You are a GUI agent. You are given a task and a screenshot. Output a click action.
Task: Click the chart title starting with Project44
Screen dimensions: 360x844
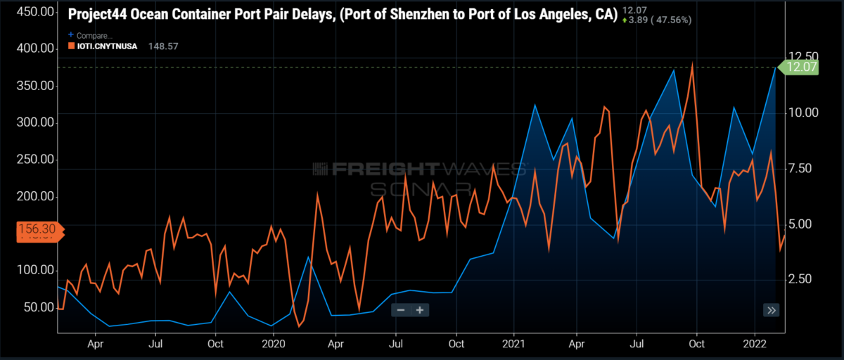[x=343, y=13]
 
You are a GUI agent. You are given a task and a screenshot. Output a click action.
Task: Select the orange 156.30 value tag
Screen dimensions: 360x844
[x=34, y=229]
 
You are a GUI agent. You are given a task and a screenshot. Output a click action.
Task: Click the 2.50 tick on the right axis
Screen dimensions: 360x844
[x=799, y=279]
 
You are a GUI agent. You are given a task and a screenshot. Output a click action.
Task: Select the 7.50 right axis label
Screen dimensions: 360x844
[x=799, y=168]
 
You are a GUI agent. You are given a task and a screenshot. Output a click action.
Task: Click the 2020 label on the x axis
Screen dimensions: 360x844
[x=273, y=344]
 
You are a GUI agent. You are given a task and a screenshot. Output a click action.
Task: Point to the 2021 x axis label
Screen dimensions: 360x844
[x=514, y=344]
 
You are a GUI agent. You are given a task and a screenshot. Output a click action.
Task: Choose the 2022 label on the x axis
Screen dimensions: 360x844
[x=755, y=344]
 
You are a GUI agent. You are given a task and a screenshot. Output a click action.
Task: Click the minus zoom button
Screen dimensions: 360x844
[x=401, y=310]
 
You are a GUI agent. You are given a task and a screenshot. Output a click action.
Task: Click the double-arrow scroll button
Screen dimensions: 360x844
[x=772, y=310]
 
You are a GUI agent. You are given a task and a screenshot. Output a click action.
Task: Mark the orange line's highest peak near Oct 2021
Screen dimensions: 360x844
[x=693, y=63]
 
